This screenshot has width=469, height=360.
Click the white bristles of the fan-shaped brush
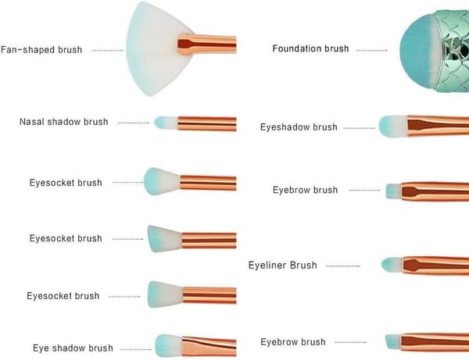click(x=149, y=49)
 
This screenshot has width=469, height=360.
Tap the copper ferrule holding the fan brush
click(x=207, y=45)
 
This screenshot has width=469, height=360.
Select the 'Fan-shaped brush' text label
click(x=41, y=50)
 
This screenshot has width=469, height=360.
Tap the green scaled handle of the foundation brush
click(x=453, y=51)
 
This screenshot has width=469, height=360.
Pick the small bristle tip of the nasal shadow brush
click(x=166, y=123)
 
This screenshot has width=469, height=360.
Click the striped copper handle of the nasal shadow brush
click(x=207, y=123)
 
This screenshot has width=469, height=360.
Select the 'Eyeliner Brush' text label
click(x=283, y=265)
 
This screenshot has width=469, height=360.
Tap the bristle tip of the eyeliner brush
click(x=392, y=265)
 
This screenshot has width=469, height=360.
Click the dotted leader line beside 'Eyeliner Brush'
click(x=343, y=266)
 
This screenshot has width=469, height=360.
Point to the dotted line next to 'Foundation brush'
click(x=372, y=51)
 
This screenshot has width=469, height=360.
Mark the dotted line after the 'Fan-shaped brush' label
click(x=107, y=51)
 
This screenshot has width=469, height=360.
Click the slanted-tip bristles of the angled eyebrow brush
click(x=393, y=341)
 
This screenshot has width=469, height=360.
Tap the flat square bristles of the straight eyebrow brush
click(x=394, y=191)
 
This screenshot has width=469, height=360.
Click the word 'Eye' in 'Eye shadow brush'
click(x=40, y=348)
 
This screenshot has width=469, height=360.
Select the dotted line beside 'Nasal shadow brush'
click(x=134, y=123)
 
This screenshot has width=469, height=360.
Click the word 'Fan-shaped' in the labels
click(x=28, y=50)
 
